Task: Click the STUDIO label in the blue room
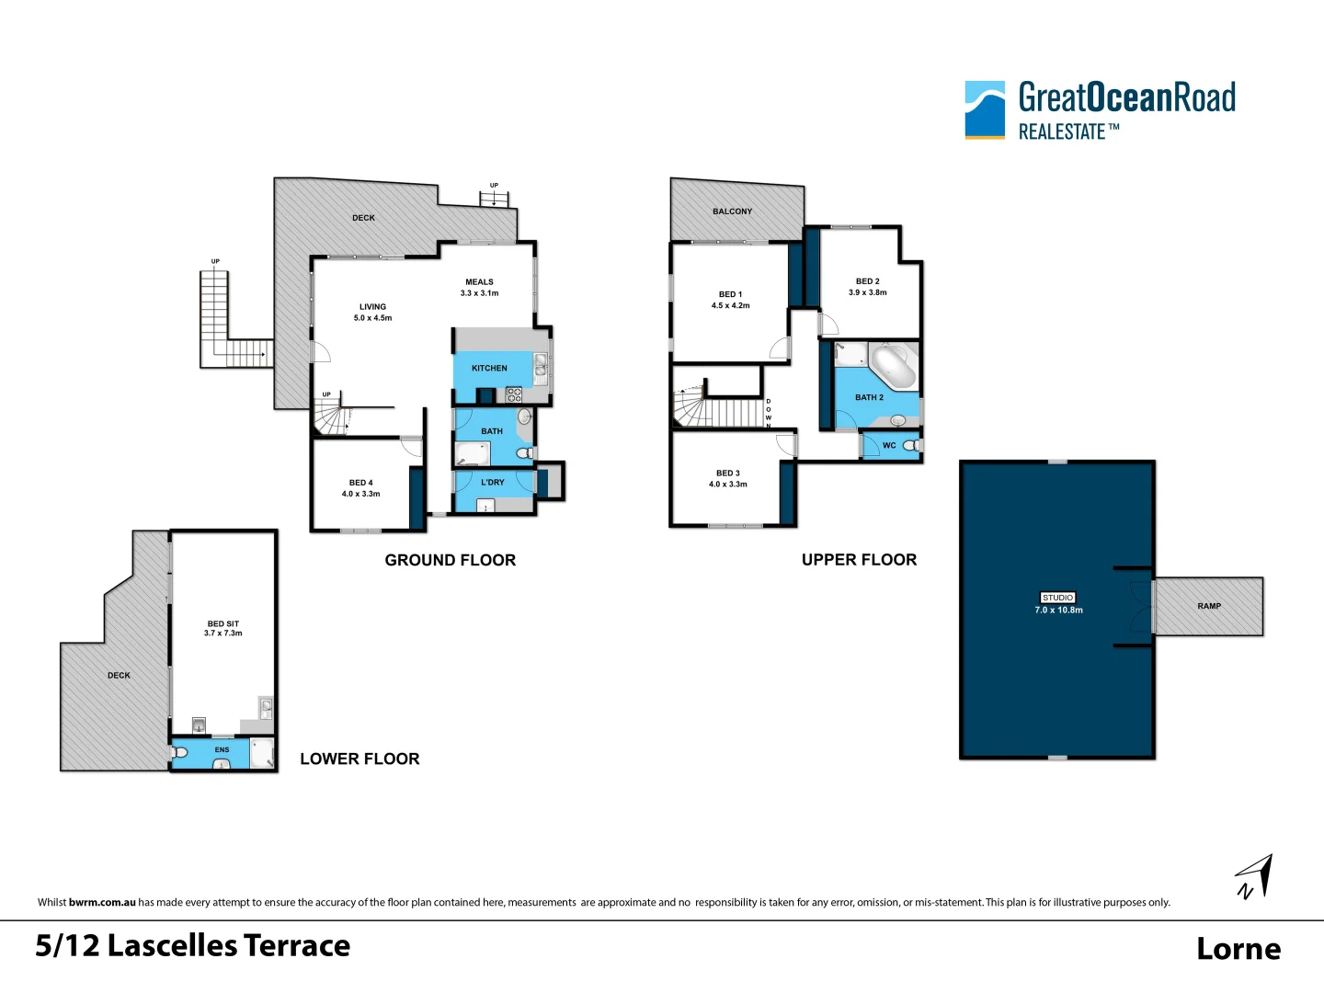pyautogui.click(x=1057, y=598)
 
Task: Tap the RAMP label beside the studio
pyautogui.click(x=1209, y=606)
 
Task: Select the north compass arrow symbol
pyautogui.click(x=1255, y=876)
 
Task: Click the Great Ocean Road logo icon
pyautogui.click(x=985, y=109)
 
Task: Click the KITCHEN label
pyautogui.click(x=489, y=368)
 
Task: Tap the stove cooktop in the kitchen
pyautogui.click(x=514, y=395)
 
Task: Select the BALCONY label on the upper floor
pyautogui.click(x=732, y=211)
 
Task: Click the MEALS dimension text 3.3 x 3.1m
pyautogui.click(x=479, y=293)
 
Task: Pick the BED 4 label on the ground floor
pyautogui.click(x=360, y=483)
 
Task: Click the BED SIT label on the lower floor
pyautogui.click(x=223, y=623)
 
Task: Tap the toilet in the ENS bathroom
pyautogui.click(x=180, y=753)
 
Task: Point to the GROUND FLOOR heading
pyautogui.click(x=450, y=560)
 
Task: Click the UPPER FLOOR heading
pyautogui.click(x=859, y=560)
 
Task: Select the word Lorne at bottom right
pyautogui.click(x=1238, y=948)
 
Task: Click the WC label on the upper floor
pyautogui.click(x=889, y=445)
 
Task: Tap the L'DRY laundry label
pyautogui.click(x=493, y=482)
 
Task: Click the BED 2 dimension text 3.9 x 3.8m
pyautogui.click(x=867, y=292)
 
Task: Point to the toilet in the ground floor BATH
pyautogui.click(x=525, y=453)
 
